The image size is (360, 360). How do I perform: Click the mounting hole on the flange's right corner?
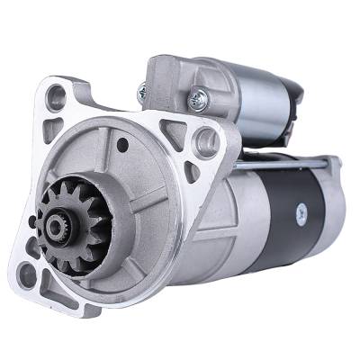click(205, 139)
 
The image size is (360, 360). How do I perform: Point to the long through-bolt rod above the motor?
click(288, 165)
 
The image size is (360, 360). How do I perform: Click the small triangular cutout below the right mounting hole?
click(191, 170)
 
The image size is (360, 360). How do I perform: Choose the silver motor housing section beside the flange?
click(234, 216)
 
